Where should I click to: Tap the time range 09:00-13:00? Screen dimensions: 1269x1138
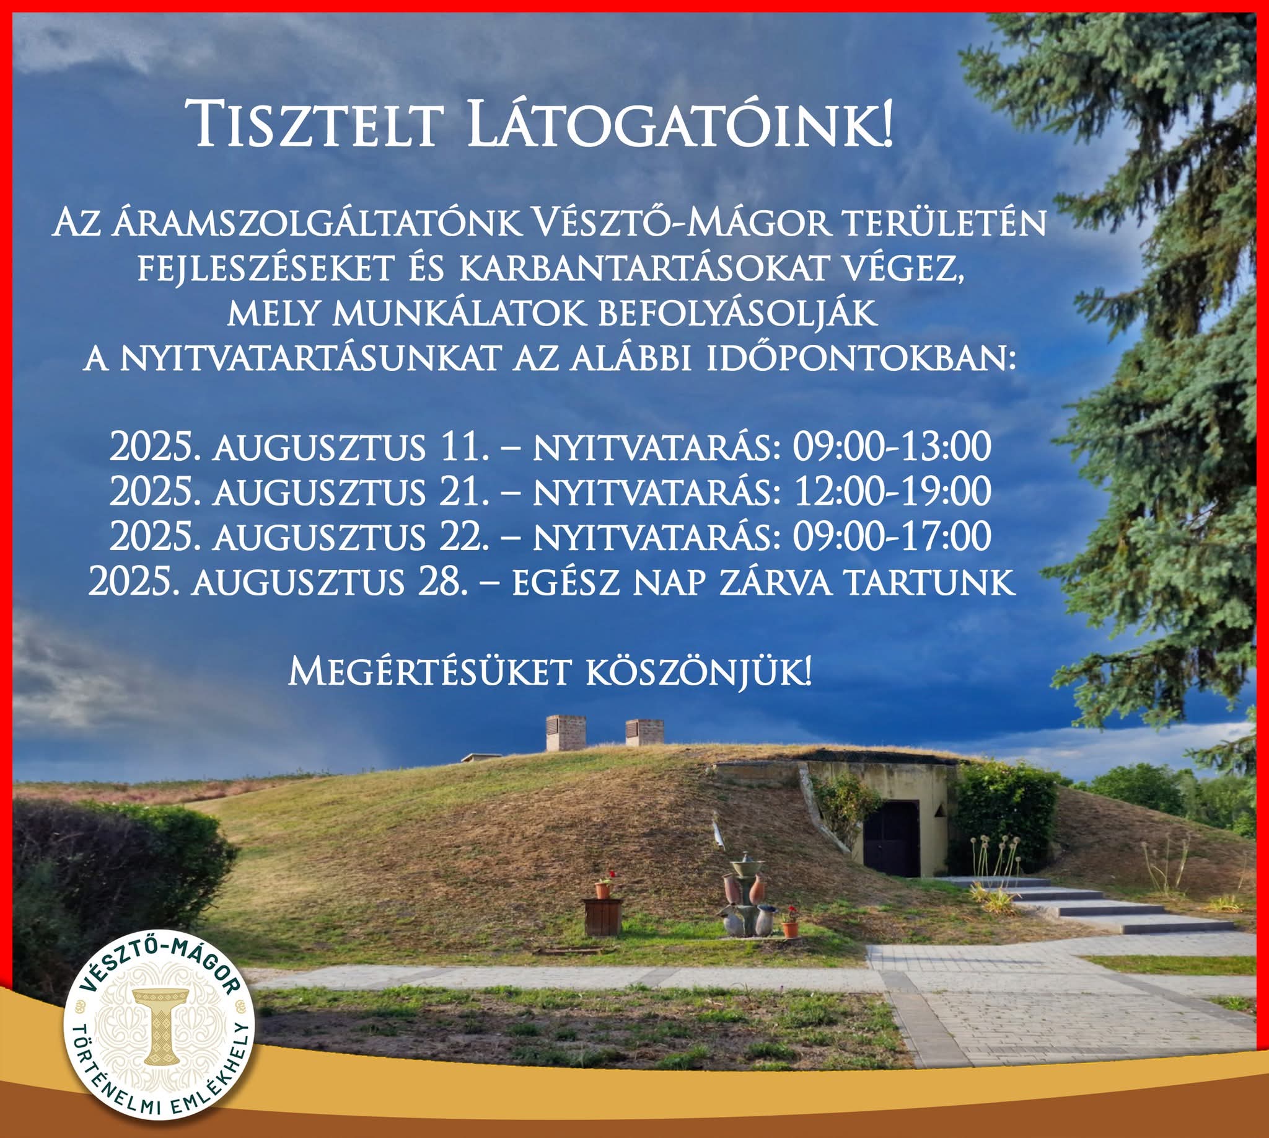tap(892, 447)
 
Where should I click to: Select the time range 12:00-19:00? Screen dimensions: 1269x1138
tap(892, 491)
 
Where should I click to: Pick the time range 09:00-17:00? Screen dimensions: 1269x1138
tap(892, 536)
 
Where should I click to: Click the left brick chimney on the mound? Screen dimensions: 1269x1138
tap(566, 733)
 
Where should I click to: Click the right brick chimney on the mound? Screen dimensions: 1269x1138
tap(644, 733)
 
